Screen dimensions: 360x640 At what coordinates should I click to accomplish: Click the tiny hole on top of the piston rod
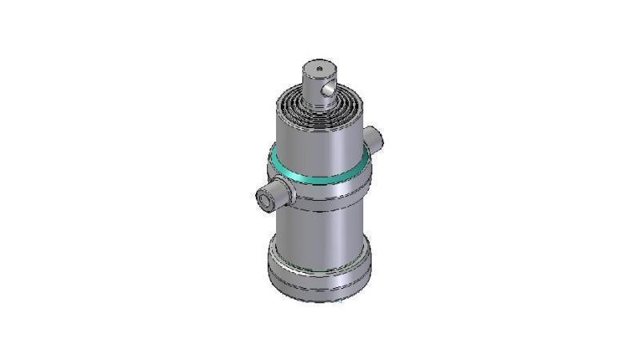coord(319,69)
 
